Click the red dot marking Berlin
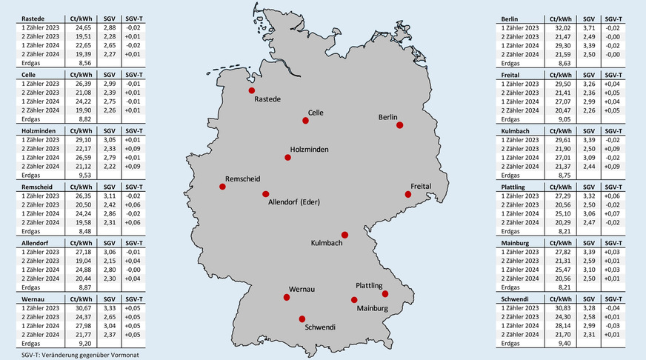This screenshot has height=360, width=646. point(400,125)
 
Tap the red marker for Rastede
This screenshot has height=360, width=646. point(251,90)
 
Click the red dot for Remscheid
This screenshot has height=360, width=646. point(222,186)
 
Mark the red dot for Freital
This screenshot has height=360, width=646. point(407,194)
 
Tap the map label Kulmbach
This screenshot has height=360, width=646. point(326,243)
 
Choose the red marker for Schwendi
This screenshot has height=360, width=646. point(302,319)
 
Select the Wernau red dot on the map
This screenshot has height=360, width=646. point(287,297)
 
